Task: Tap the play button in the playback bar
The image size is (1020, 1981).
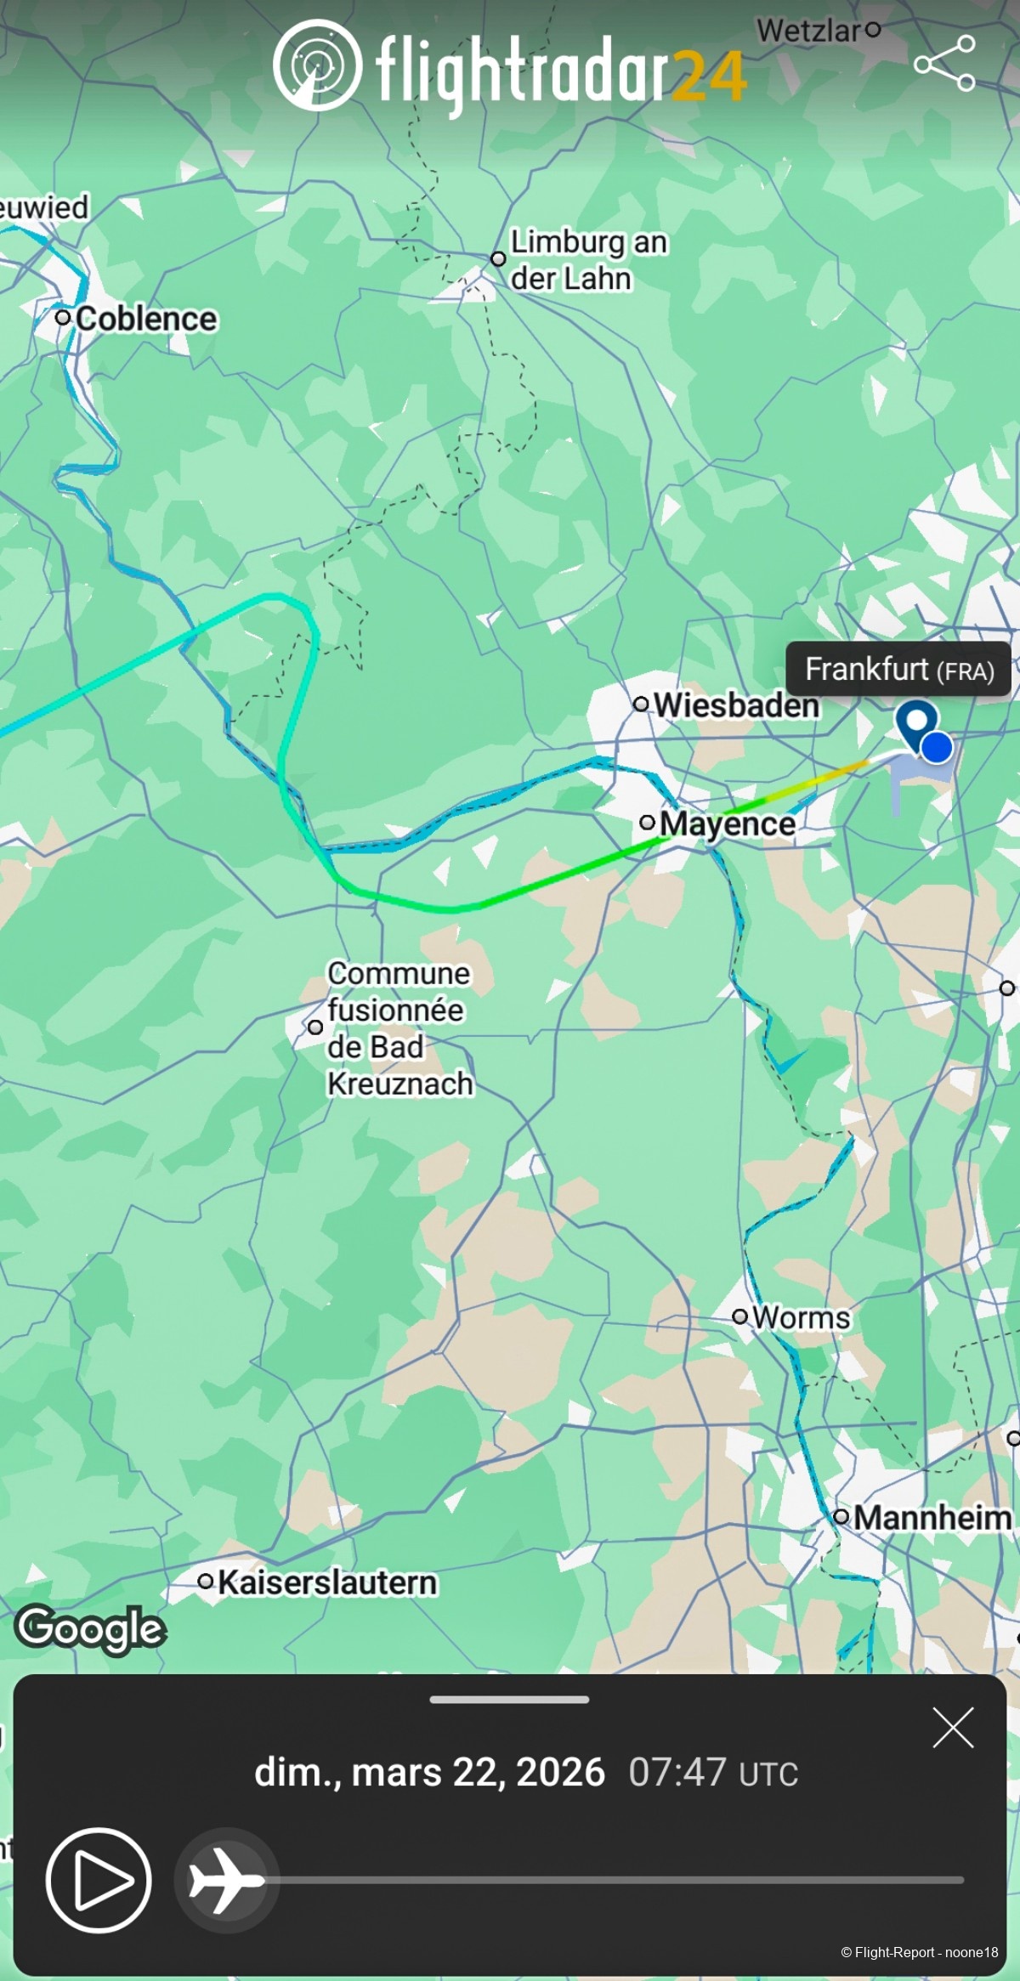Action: [99, 1880]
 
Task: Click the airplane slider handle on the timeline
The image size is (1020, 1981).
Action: [226, 1880]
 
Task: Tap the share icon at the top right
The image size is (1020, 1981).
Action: [944, 63]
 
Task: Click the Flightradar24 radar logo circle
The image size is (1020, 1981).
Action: [317, 65]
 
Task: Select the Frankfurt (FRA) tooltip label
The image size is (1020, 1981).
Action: [899, 670]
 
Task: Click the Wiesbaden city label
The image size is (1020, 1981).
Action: [736, 705]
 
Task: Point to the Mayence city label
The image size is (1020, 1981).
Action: [727, 824]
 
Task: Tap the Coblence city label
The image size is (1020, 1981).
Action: [146, 319]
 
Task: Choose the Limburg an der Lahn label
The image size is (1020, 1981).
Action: [588, 260]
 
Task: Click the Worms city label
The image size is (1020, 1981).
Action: [801, 1317]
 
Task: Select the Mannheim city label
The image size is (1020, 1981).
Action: [932, 1517]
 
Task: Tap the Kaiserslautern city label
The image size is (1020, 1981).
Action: [327, 1582]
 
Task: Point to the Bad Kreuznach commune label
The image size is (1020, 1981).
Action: [399, 1028]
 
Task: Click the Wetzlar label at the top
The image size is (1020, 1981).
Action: [809, 31]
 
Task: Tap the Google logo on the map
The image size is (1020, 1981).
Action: [91, 1628]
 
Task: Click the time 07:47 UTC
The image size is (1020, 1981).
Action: [713, 1773]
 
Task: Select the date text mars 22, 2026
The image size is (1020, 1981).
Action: [478, 1773]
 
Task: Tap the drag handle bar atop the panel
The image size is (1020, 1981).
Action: [509, 1699]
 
